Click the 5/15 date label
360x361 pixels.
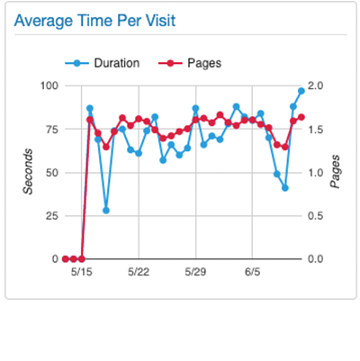point(81,271)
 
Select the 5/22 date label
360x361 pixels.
point(139,271)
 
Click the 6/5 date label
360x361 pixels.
point(253,271)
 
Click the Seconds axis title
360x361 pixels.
point(29,172)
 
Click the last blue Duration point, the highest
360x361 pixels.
point(301,91)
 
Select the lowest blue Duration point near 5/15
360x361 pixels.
point(106,210)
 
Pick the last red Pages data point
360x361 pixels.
point(301,117)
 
